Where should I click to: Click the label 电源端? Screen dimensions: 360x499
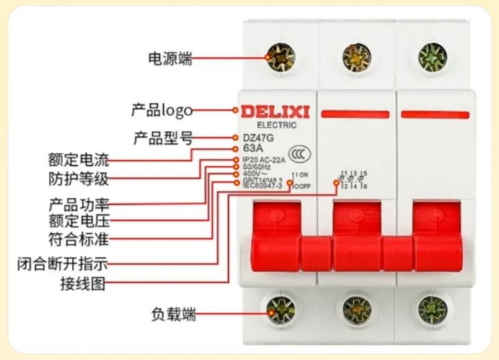[169, 59]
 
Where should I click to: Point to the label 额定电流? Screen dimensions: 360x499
[79, 160]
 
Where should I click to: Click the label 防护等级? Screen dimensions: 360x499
[79, 179]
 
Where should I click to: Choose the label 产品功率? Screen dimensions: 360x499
[79, 204]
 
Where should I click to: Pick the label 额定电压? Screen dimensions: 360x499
[79, 220]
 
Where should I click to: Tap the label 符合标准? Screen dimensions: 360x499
[79, 239]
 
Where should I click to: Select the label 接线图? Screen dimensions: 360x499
[82, 285]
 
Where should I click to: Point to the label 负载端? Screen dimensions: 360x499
[173, 314]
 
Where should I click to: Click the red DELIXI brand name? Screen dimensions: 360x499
[275, 112]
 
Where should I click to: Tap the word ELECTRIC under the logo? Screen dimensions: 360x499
[276, 125]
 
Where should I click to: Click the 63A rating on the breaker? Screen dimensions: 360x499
[253, 148]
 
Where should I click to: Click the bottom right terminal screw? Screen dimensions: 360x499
[432, 310]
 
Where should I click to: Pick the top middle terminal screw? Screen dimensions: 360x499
[357, 57]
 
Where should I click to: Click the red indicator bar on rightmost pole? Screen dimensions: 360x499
[435, 114]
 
